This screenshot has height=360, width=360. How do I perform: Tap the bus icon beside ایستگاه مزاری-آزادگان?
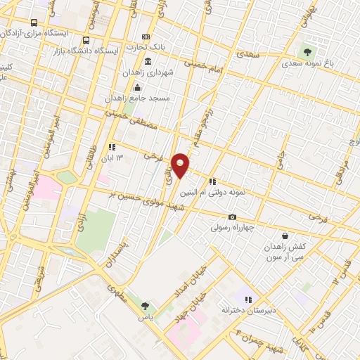tap(35, 22)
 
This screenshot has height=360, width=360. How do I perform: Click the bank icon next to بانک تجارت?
tap(146, 37)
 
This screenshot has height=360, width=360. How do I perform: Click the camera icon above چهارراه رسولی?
tap(232, 217)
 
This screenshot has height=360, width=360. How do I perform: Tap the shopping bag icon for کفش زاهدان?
tap(284, 236)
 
